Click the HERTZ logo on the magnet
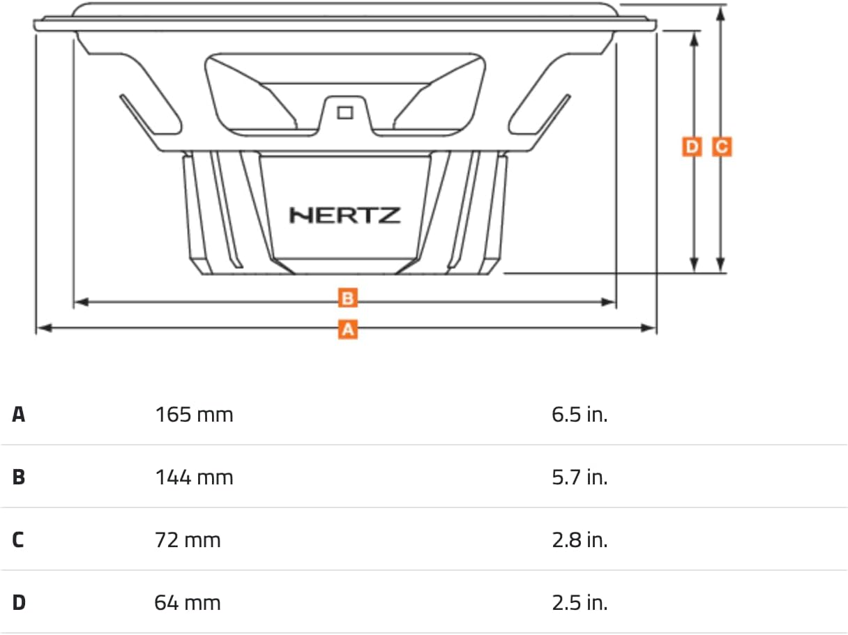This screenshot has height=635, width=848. (345, 215)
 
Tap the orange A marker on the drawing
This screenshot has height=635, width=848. (348, 328)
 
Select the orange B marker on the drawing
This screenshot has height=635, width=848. (348, 299)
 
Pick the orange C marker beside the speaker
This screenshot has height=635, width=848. (722, 147)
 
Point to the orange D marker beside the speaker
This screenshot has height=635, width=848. (692, 147)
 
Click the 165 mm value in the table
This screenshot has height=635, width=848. (194, 415)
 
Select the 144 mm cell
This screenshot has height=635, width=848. (194, 477)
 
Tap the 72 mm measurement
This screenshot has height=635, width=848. (188, 540)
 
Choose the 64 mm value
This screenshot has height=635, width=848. (188, 603)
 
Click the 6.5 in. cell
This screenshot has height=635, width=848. (580, 415)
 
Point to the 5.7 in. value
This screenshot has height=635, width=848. (580, 477)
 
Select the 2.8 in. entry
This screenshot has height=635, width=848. (580, 540)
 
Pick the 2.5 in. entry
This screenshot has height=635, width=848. (580, 603)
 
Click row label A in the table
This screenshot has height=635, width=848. (19, 415)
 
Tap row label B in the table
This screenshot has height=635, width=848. (19, 477)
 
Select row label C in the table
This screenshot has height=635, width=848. (19, 540)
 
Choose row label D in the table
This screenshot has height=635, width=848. (19, 603)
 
